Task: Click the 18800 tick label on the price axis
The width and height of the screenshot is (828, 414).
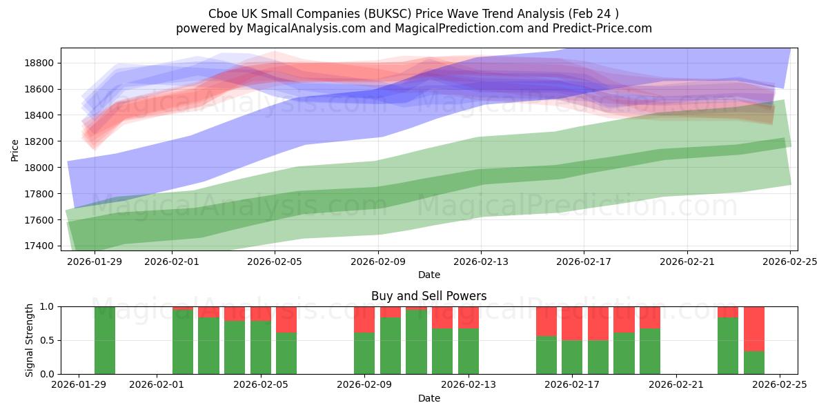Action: [x=40, y=63]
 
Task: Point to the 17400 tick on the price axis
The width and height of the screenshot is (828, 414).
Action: [x=40, y=246]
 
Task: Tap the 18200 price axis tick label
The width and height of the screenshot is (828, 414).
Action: [x=40, y=141]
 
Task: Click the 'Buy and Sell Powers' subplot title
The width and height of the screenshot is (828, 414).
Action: [x=428, y=296]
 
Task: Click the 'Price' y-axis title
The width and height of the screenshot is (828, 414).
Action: [x=15, y=149]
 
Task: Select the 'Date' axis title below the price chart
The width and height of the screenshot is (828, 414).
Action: [x=428, y=275]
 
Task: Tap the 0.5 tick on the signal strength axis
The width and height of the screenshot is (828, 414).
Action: [x=48, y=340]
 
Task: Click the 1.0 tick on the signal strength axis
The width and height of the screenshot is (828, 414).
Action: [x=48, y=306]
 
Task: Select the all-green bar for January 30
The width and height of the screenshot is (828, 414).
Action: [x=105, y=340]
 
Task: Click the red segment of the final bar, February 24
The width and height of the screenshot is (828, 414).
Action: [x=754, y=328]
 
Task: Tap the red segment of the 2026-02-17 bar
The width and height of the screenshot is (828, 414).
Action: [x=572, y=323]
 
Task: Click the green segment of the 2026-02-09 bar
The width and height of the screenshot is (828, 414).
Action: [x=364, y=353]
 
